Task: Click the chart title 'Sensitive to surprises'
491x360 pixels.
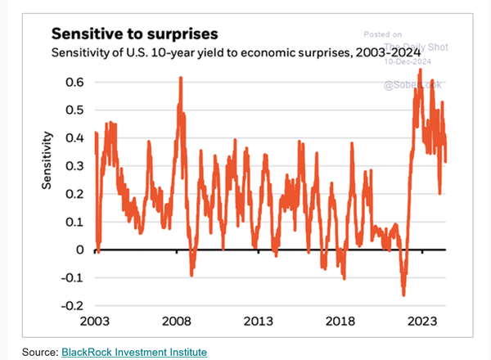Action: [x=134, y=34]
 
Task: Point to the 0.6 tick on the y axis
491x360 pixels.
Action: [x=74, y=83]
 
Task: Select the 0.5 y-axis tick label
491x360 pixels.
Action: [x=74, y=110]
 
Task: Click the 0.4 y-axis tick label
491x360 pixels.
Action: [x=74, y=138]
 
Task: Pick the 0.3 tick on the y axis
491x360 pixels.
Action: [x=74, y=166]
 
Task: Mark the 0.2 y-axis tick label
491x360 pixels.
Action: [x=74, y=194]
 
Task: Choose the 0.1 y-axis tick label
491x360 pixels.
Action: [x=74, y=222]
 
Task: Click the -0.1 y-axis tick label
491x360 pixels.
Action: [x=72, y=277]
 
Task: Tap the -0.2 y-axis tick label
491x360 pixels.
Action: [x=72, y=305]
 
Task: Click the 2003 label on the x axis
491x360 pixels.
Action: [x=95, y=322]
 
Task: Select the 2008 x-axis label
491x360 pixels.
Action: [x=177, y=322]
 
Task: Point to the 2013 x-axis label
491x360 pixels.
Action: [x=259, y=322]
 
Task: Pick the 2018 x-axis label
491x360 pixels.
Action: [x=340, y=322]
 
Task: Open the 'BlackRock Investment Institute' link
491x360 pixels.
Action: [x=134, y=352]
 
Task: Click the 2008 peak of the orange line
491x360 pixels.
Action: [x=179, y=78]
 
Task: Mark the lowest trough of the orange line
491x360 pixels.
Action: [x=403, y=295]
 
